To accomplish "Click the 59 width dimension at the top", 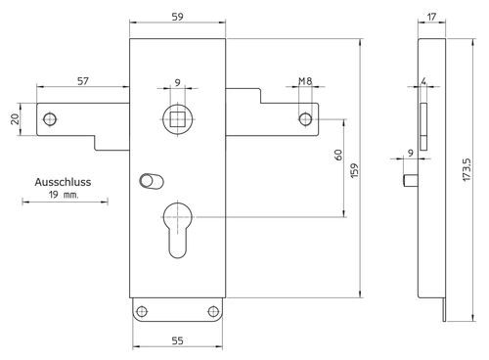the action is [x=177, y=17].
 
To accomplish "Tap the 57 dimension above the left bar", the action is [x=83, y=80].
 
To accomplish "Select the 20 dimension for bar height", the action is [x=15, y=119].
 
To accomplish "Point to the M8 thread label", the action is [x=305, y=81].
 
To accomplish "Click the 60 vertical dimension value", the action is [x=338, y=155].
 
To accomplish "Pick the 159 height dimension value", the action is [x=354, y=170].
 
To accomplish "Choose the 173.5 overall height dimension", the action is [x=467, y=169].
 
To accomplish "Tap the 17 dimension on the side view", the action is [x=431, y=17].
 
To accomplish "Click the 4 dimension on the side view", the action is [x=423, y=81].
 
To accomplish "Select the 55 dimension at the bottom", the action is [x=177, y=340].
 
